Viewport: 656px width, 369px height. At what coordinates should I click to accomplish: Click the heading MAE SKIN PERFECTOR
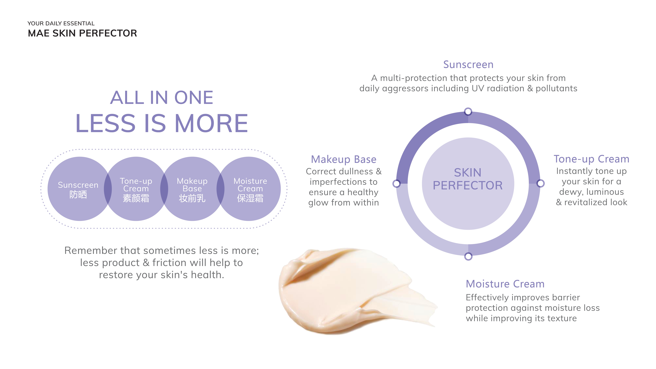coord(82,33)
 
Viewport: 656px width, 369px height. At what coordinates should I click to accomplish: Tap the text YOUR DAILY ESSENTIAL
coord(61,23)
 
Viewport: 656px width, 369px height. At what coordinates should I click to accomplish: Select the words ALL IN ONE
coord(162,98)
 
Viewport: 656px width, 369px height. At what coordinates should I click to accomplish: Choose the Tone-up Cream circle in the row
coord(136,189)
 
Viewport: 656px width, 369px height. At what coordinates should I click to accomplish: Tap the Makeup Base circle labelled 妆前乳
coord(192,189)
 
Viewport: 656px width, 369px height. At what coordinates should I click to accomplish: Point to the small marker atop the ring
coord(468,112)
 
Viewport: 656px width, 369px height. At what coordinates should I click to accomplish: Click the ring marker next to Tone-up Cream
coord(540,183)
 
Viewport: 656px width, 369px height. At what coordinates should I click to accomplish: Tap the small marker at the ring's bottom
coord(468,256)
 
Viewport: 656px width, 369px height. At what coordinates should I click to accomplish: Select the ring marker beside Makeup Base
coord(396,183)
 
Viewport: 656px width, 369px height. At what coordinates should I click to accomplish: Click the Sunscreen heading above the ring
coord(468,65)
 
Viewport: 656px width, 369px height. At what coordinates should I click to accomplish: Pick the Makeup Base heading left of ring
coord(343,159)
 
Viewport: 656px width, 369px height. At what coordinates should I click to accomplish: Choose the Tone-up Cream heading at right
coord(591,159)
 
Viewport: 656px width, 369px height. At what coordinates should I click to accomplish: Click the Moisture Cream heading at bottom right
coord(505,284)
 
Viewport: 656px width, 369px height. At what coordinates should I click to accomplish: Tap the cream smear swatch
coord(344,290)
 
